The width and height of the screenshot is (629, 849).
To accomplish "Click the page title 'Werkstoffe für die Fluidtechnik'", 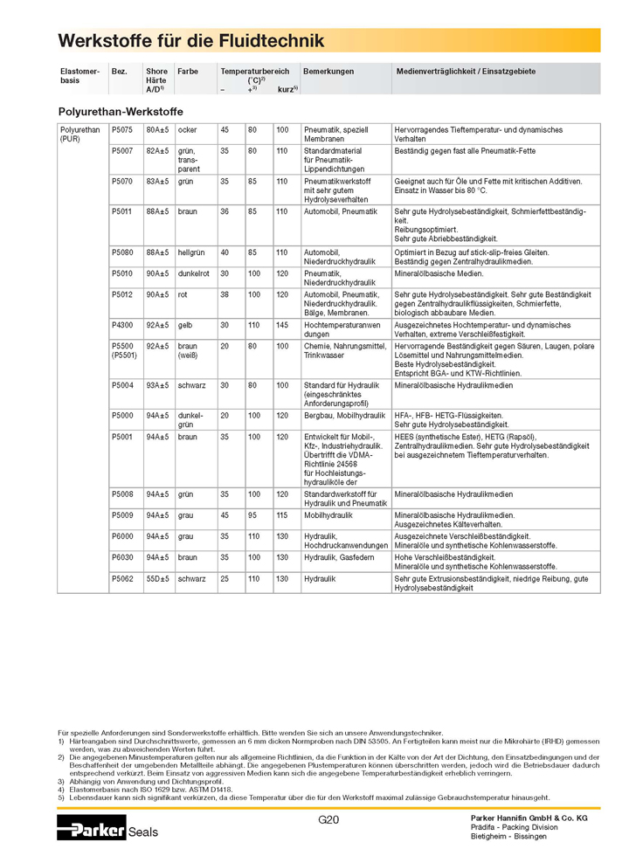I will pyautogui.click(x=190, y=41).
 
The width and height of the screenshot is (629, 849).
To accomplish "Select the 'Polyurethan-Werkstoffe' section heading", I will pyautogui.click(x=120, y=112).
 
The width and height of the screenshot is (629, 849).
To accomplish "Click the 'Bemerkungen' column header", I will pyautogui.click(x=328, y=72).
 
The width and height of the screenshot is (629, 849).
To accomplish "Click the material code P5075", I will pyautogui.click(x=122, y=130).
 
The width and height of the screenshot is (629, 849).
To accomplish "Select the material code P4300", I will pyautogui.click(x=122, y=325).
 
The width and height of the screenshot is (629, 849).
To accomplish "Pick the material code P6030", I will pyautogui.click(x=122, y=556).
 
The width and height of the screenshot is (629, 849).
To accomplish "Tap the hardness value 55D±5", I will pyautogui.click(x=157, y=578).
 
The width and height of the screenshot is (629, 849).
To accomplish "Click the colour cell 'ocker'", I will pyautogui.click(x=188, y=130).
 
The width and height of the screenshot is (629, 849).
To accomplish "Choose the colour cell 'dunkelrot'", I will pyautogui.click(x=194, y=273).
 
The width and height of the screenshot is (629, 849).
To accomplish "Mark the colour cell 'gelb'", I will pyautogui.click(x=185, y=325).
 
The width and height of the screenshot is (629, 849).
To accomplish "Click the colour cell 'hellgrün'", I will pyautogui.click(x=191, y=252).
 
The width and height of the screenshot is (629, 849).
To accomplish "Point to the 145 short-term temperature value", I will pyautogui.click(x=282, y=325).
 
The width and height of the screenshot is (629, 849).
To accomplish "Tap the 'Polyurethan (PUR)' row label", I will pyautogui.click(x=78, y=135).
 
